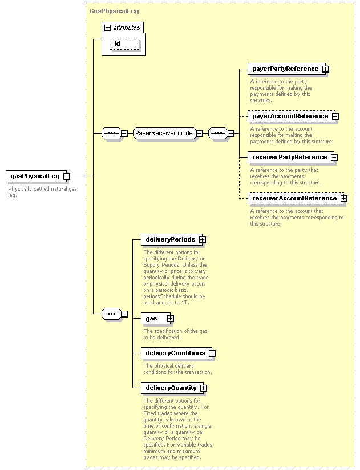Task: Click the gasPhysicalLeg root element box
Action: tap(38, 176)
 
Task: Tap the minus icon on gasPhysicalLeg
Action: tap(67, 176)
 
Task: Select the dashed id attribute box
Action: tap(124, 44)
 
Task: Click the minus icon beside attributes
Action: tap(107, 28)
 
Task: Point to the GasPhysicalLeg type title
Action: tap(114, 11)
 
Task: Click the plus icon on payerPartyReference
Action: tap(325, 69)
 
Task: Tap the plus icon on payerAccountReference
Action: tap(335, 117)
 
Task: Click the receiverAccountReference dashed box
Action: tap(296, 198)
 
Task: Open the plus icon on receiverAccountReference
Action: tap(344, 198)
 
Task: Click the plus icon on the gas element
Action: tap(170, 318)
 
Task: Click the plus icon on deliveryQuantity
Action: tap(203, 388)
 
